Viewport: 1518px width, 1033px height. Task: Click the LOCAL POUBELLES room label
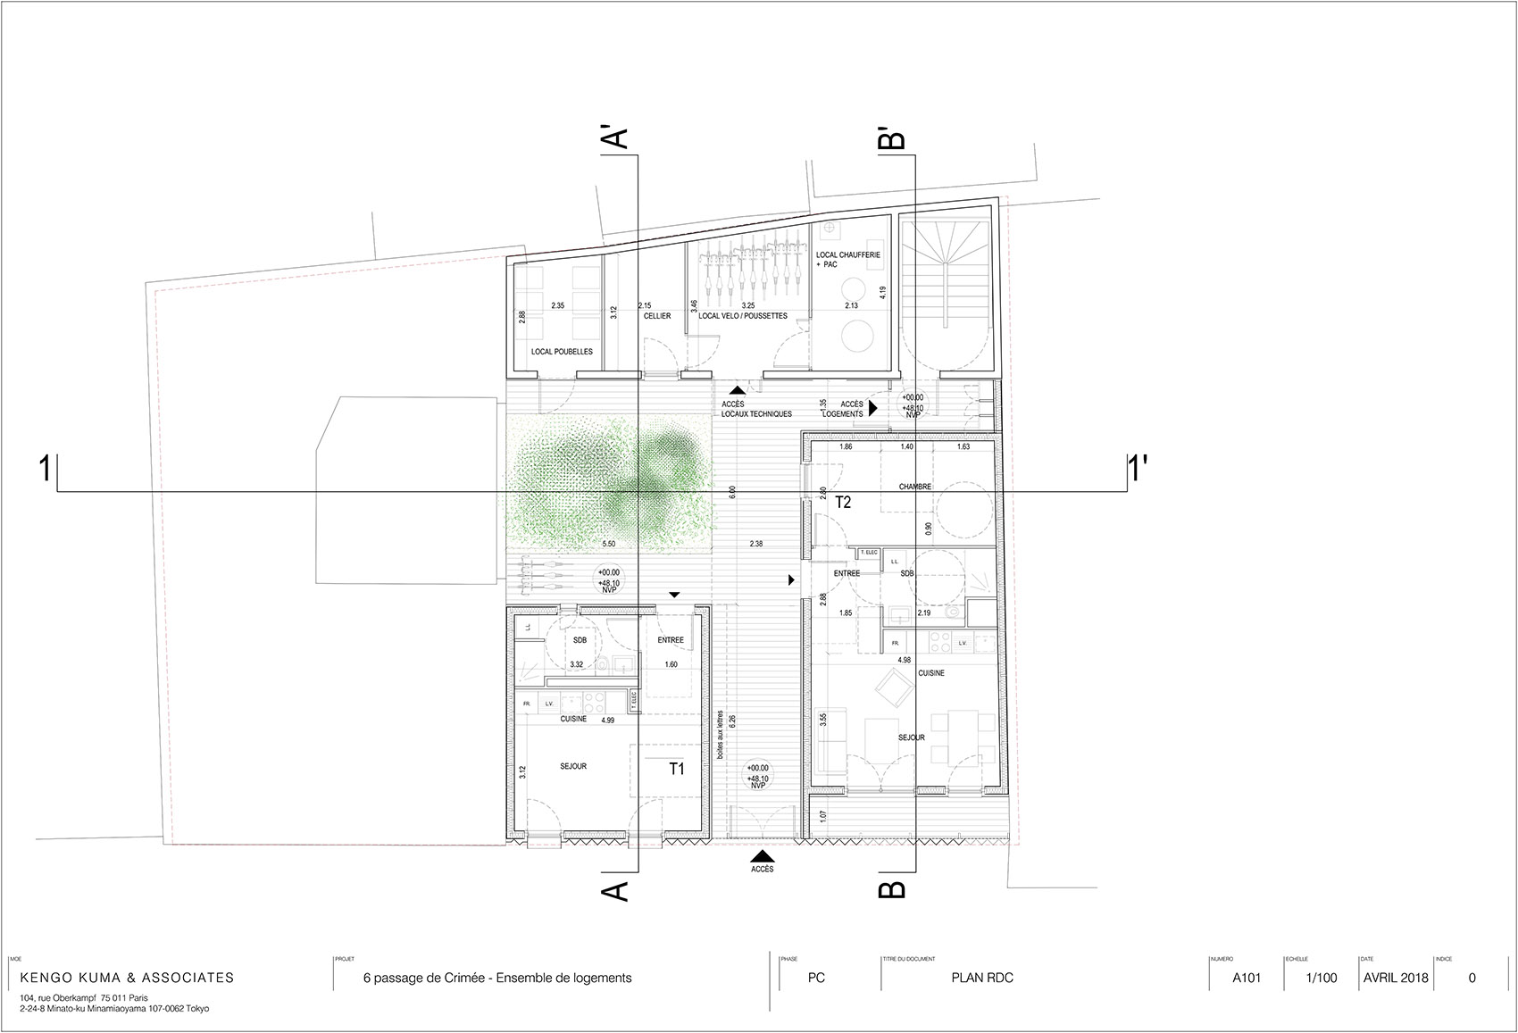click(562, 352)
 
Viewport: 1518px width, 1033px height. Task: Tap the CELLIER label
click(656, 316)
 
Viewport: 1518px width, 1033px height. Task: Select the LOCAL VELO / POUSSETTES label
click(743, 316)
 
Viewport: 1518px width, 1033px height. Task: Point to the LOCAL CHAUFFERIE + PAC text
click(847, 259)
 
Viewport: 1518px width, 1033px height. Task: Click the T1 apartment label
click(677, 768)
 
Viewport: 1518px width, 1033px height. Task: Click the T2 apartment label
click(843, 503)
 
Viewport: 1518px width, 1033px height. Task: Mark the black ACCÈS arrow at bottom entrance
click(762, 855)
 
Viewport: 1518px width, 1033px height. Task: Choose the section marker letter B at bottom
click(892, 889)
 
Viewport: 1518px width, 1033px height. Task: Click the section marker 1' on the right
click(1138, 468)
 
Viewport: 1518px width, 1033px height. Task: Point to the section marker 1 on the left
click(44, 470)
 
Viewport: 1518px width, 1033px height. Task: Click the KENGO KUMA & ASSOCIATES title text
click(127, 978)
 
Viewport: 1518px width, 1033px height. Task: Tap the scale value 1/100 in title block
click(1322, 978)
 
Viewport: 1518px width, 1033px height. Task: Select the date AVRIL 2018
click(1396, 978)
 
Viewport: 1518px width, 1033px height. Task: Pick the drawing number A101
click(1247, 978)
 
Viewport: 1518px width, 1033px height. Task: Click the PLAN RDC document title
click(982, 978)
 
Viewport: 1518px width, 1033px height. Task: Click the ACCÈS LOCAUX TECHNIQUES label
click(756, 409)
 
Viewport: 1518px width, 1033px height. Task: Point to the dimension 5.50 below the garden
click(609, 544)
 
